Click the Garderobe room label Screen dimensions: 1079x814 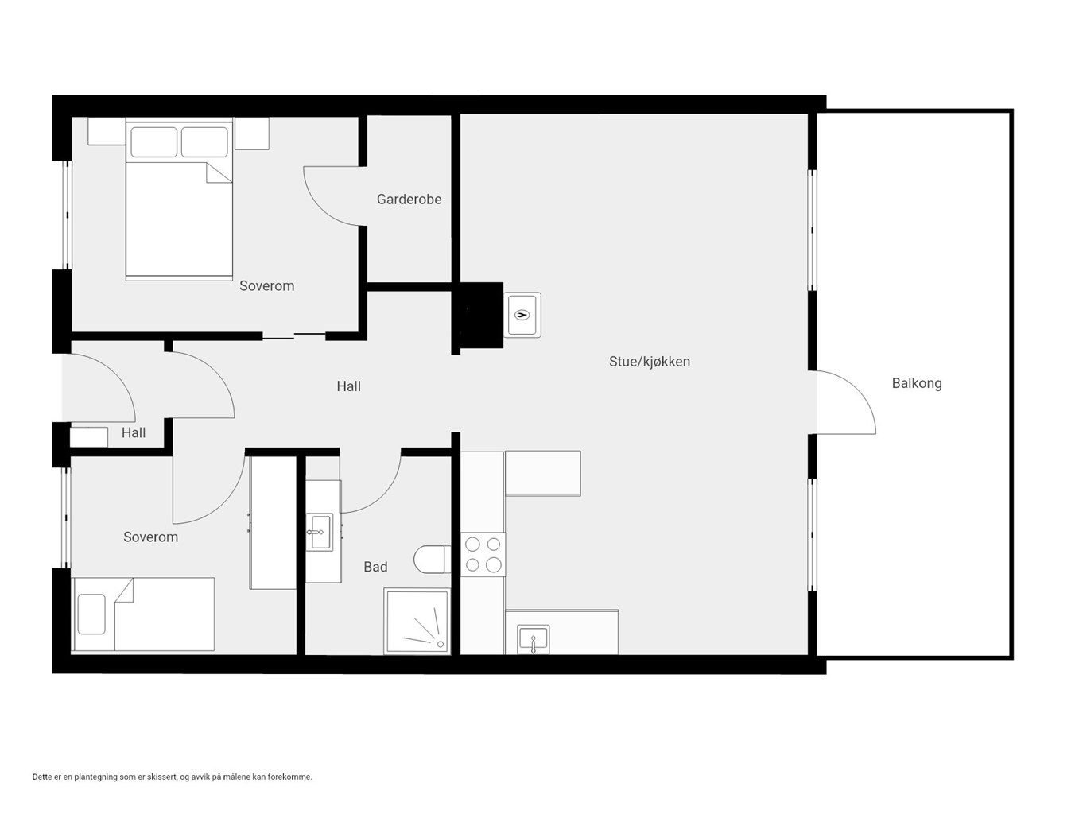click(x=409, y=199)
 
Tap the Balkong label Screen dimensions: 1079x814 click(x=916, y=383)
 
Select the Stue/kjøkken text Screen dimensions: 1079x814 click(x=649, y=362)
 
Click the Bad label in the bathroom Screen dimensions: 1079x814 click(x=375, y=567)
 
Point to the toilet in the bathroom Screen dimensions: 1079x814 click(x=432, y=559)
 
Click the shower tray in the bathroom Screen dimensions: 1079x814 click(x=417, y=621)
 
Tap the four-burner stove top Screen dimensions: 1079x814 click(x=483, y=554)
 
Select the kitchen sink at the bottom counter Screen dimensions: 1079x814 click(x=533, y=639)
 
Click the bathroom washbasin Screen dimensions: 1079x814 click(x=320, y=531)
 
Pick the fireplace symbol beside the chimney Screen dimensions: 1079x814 click(x=522, y=315)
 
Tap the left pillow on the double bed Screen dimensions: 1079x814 click(x=154, y=142)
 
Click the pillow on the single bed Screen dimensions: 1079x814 click(x=91, y=614)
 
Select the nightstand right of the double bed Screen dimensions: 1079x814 click(x=252, y=133)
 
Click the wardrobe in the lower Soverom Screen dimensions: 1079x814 click(x=273, y=522)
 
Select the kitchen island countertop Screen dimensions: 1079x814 click(x=543, y=473)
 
